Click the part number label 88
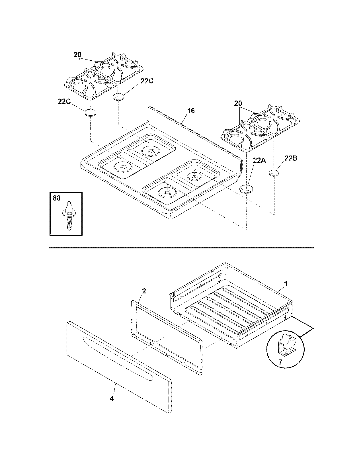coord(57,198)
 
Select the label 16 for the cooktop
coord(191,111)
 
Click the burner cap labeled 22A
coord(247,189)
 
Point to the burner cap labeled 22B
coord(274,173)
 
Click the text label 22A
coord(259,161)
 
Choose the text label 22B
coord(291,158)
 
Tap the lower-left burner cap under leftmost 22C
coord(90,113)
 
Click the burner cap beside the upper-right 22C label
coord(120,97)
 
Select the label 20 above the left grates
coord(77,55)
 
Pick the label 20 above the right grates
coord(238,103)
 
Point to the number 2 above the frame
coord(144,291)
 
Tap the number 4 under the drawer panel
coord(112,399)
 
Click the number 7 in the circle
coord(280,362)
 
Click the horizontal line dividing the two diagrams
coord(181,248)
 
